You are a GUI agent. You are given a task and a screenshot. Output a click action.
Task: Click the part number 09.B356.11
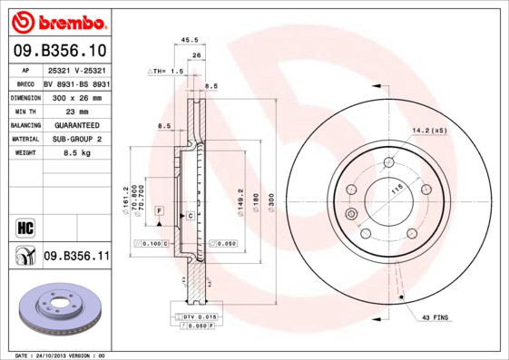[x=76, y=257]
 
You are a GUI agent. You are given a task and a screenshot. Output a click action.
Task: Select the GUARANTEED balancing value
[x=76, y=125]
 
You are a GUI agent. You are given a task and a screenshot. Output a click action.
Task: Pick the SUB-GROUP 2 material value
[x=76, y=139]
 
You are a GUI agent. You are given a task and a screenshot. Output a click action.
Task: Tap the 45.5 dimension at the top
[x=190, y=40]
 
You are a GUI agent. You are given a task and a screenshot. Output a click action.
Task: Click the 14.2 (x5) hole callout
[x=429, y=130]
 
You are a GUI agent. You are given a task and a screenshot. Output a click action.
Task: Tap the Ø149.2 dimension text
[x=240, y=199]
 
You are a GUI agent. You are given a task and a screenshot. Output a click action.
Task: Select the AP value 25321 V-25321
[x=76, y=69]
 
